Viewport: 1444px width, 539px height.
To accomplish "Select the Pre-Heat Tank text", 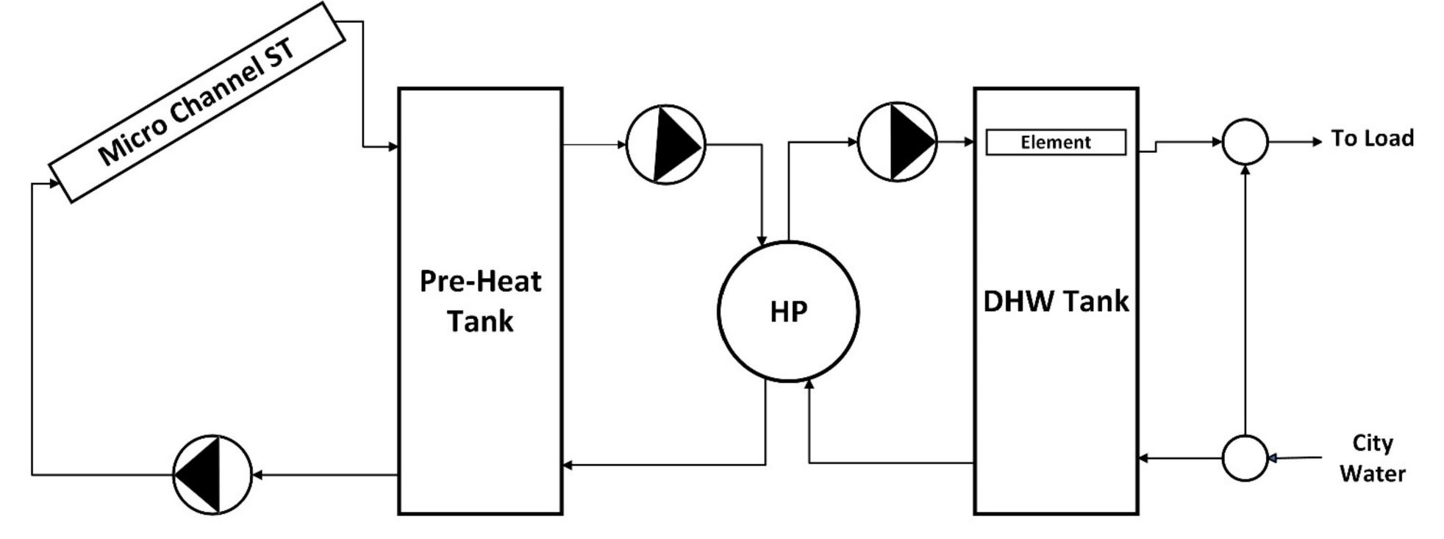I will point(480,301).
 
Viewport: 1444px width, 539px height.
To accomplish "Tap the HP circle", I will point(788,312).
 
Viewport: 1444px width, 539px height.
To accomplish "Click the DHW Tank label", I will point(1056,301).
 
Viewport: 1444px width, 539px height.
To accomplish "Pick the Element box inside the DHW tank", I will point(1056,142).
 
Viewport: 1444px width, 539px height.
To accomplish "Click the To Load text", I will point(1372,138).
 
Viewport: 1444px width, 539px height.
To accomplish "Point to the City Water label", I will point(1372,458).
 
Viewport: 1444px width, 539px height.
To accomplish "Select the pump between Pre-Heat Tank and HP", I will point(665,145).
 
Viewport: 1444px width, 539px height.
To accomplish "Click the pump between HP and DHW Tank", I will point(897,142).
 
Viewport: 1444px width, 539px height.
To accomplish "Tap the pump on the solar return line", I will point(212,474).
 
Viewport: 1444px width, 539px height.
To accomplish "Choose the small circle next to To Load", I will point(1245,142).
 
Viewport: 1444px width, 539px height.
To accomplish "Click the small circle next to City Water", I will point(1245,458).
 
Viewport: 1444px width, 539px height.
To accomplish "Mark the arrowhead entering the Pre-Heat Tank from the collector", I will point(393,147).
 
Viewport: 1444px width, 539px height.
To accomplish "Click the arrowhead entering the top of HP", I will point(762,239).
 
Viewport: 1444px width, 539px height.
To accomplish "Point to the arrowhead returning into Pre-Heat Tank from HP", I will point(568,465).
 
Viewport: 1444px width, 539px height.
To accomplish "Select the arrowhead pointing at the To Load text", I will point(1317,142).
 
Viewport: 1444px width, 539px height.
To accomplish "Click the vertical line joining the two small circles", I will point(1245,301).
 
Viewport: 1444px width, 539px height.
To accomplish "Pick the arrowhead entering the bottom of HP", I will point(809,383).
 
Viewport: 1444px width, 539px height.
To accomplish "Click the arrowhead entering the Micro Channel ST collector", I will point(54,183).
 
